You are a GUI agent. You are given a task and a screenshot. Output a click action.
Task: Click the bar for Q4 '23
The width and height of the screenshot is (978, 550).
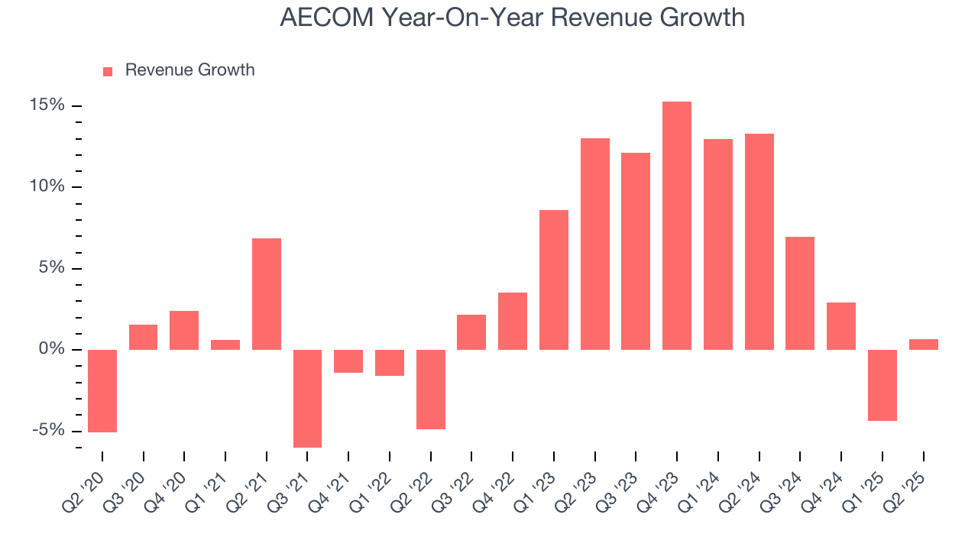(677, 225)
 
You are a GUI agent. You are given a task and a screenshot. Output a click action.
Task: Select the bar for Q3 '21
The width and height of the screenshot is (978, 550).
(307, 398)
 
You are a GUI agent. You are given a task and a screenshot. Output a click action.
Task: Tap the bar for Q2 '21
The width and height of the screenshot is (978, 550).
(267, 294)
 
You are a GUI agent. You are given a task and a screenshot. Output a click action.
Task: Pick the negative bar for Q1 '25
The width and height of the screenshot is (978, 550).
(882, 385)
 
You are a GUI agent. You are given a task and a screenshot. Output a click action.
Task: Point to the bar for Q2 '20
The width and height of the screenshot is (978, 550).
(102, 390)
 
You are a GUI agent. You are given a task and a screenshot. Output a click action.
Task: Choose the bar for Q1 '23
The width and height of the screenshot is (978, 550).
(554, 280)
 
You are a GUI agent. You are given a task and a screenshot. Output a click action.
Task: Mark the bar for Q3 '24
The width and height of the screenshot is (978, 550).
(800, 293)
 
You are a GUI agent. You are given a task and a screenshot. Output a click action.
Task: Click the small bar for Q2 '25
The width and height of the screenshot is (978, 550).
(923, 345)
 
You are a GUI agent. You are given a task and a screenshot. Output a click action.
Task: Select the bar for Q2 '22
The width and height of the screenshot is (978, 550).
(431, 389)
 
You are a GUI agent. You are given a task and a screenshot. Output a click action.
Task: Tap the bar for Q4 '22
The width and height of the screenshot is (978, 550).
(513, 321)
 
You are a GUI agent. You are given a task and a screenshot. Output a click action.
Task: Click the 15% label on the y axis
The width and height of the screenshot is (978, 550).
(47, 105)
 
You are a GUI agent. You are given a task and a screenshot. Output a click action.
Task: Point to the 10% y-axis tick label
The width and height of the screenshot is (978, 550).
(47, 187)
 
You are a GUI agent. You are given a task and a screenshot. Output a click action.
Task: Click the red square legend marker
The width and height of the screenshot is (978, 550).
(108, 71)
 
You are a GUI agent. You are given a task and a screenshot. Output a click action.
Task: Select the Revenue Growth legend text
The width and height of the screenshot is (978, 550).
(189, 70)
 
